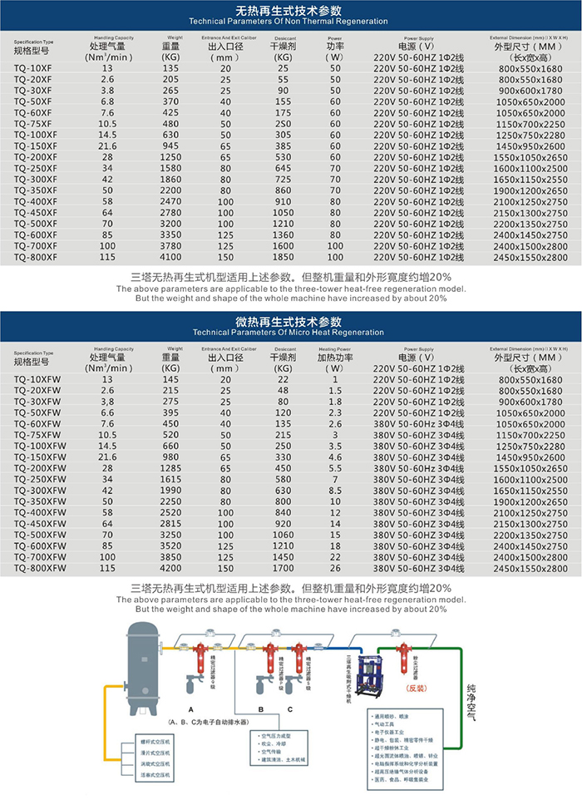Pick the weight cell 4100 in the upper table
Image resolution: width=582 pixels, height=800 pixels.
click(x=170, y=258)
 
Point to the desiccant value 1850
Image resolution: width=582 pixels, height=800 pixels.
click(x=282, y=258)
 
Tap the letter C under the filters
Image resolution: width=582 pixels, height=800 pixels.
click(x=290, y=708)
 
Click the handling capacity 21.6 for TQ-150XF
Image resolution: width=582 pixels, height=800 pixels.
click(x=107, y=146)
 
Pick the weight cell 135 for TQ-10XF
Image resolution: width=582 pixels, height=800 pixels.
click(x=170, y=67)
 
